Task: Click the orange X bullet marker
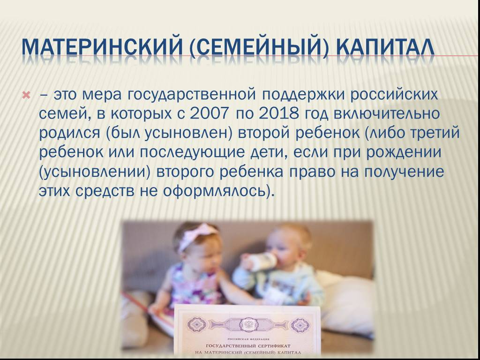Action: tap(27, 96)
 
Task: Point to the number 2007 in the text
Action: tap(209, 114)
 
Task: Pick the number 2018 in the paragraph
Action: tap(278, 114)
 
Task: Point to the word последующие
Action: tap(192, 152)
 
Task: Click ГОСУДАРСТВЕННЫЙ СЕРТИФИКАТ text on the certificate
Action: tap(248, 345)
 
